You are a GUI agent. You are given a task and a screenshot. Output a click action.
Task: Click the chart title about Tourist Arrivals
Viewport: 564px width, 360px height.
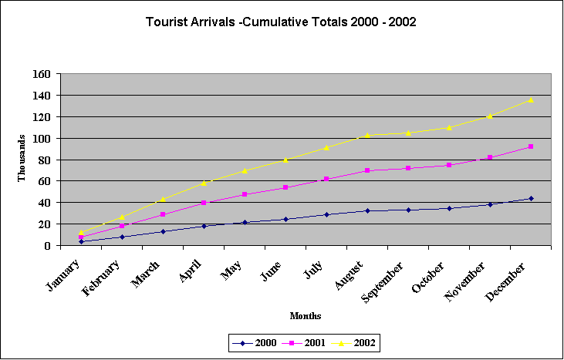point(281,22)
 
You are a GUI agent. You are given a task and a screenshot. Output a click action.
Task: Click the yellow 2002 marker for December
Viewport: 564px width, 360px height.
point(531,99)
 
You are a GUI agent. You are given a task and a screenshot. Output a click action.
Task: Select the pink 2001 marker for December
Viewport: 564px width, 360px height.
point(531,146)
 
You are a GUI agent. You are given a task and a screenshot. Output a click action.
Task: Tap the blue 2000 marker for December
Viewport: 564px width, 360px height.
point(531,198)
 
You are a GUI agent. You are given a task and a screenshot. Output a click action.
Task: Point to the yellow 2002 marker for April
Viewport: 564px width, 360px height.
point(204,183)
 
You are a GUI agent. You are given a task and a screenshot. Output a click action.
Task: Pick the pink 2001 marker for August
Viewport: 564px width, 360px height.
point(367,170)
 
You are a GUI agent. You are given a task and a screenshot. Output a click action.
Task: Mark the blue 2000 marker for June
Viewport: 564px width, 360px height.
point(285,219)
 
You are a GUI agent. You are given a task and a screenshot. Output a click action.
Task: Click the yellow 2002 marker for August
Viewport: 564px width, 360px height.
point(367,135)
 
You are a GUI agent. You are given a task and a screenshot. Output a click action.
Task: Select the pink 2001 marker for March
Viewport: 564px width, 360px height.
point(163,214)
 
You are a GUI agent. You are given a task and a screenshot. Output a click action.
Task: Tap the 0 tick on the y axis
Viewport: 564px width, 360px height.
point(48,245)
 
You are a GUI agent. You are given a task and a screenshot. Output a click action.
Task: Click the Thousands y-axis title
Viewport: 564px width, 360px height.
point(22,160)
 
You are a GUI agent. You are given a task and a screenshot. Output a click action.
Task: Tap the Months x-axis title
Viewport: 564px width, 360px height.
point(306,316)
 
